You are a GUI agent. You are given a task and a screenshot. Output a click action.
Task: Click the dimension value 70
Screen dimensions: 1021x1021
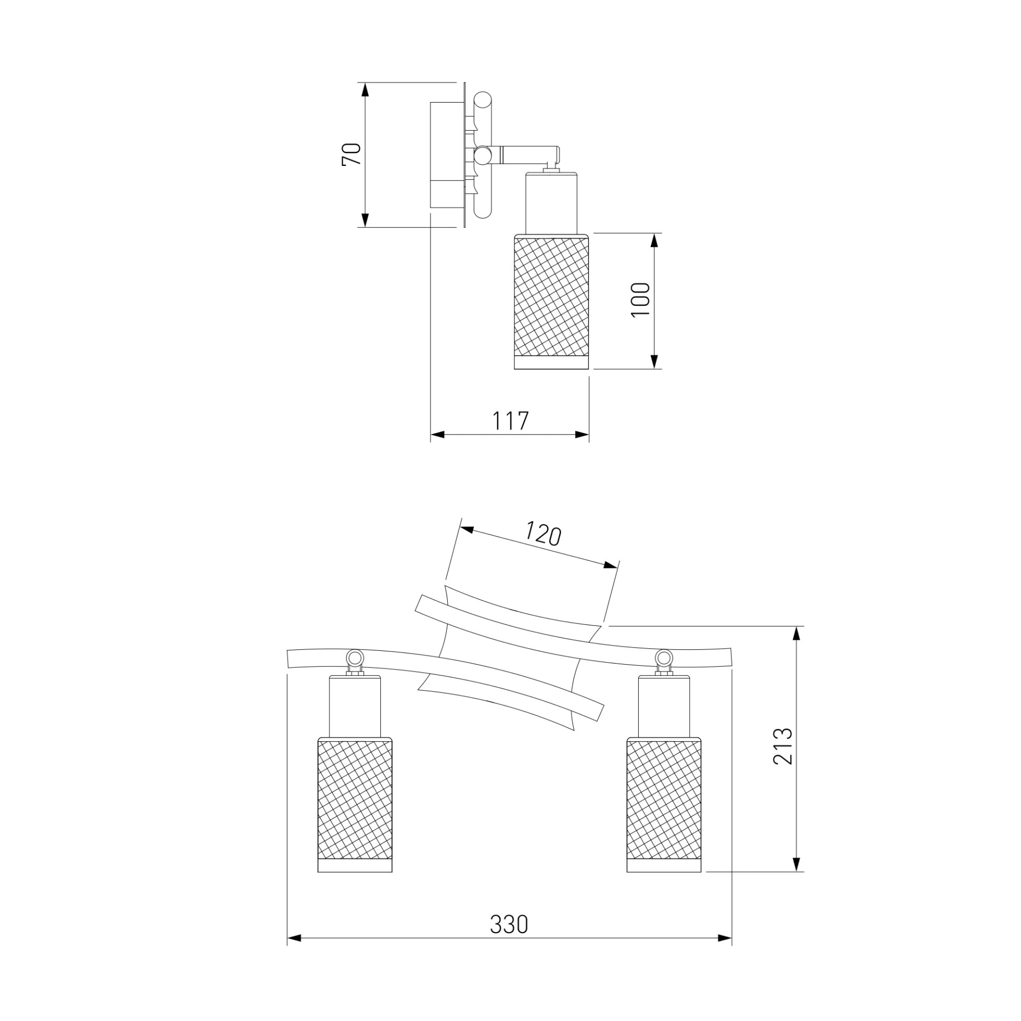pyautogui.click(x=352, y=154)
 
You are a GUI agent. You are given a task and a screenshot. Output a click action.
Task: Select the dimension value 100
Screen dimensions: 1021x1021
pyautogui.click(x=640, y=300)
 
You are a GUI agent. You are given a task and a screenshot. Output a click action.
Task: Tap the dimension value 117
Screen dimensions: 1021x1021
pyautogui.click(x=510, y=421)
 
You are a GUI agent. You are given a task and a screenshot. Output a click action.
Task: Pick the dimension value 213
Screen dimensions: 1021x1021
pyautogui.click(x=782, y=746)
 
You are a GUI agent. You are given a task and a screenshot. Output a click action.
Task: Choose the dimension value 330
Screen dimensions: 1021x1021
pyautogui.click(x=509, y=924)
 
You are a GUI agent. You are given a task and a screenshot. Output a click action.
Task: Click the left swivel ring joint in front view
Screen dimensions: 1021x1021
pyautogui.click(x=354, y=657)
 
